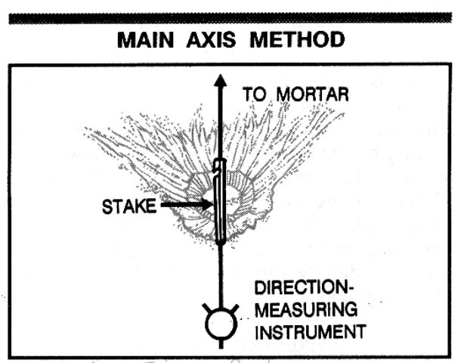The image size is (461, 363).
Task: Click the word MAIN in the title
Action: point(146,40)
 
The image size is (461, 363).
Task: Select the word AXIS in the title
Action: point(211,40)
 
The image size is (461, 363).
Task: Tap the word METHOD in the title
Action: point(297,40)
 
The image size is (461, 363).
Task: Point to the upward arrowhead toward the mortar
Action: point(220,80)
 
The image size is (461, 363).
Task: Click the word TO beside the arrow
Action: point(255,95)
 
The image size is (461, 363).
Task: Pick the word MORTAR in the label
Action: point(313,95)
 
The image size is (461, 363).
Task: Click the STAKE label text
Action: point(129,206)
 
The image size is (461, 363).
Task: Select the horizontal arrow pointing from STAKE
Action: point(187,204)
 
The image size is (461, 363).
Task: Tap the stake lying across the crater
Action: point(220,201)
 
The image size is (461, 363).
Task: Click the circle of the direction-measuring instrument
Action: point(221,324)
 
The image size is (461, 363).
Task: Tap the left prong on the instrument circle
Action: point(208,309)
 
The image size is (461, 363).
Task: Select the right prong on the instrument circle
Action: point(234,309)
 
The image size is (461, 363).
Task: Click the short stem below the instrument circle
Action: point(221,344)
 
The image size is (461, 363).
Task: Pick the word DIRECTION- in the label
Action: point(303,287)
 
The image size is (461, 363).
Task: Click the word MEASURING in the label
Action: point(306,309)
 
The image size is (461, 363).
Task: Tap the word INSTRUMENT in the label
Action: point(310,332)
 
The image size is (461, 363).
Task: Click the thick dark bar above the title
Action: point(230,18)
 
